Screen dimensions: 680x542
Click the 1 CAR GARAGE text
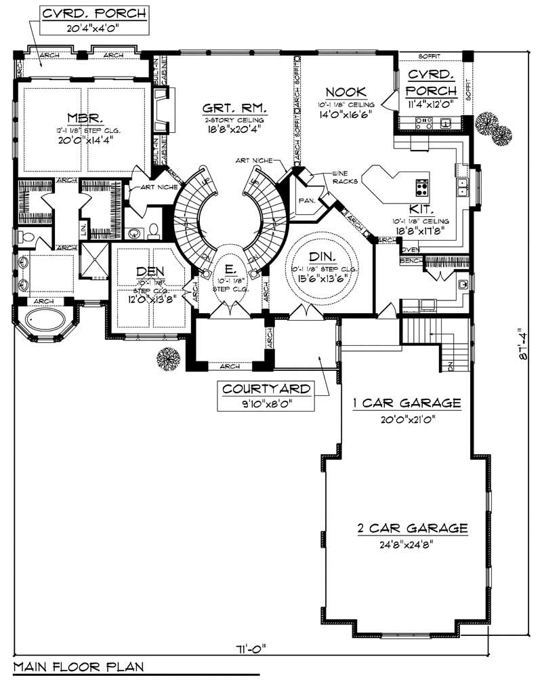pyautogui.click(x=406, y=403)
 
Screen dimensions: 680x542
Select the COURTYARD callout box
pyautogui.click(x=266, y=396)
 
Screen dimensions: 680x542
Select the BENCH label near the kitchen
pyautogui.click(x=409, y=260)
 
